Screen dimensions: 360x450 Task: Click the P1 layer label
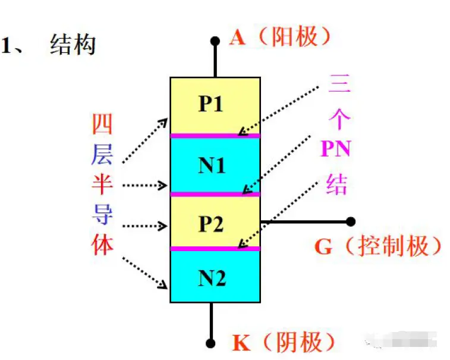[x=211, y=105]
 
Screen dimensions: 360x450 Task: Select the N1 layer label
[x=212, y=165]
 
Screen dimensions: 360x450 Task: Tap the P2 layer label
[x=211, y=224]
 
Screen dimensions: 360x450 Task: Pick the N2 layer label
[x=212, y=278]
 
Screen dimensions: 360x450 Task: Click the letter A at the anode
[x=237, y=37]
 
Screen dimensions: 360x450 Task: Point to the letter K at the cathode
[x=241, y=343]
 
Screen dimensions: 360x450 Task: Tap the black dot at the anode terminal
[x=215, y=42]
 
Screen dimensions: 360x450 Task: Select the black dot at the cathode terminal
[x=210, y=343]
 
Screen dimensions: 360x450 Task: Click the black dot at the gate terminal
[x=351, y=221]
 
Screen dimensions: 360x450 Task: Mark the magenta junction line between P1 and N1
[x=215, y=136]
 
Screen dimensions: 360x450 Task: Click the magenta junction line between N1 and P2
[x=215, y=194]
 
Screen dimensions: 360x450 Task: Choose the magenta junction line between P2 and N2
[x=215, y=248]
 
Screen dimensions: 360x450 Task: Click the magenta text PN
[x=335, y=149]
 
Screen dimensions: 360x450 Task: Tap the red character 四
[x=102, y=124]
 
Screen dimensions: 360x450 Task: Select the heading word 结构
[x=73, y=45]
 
